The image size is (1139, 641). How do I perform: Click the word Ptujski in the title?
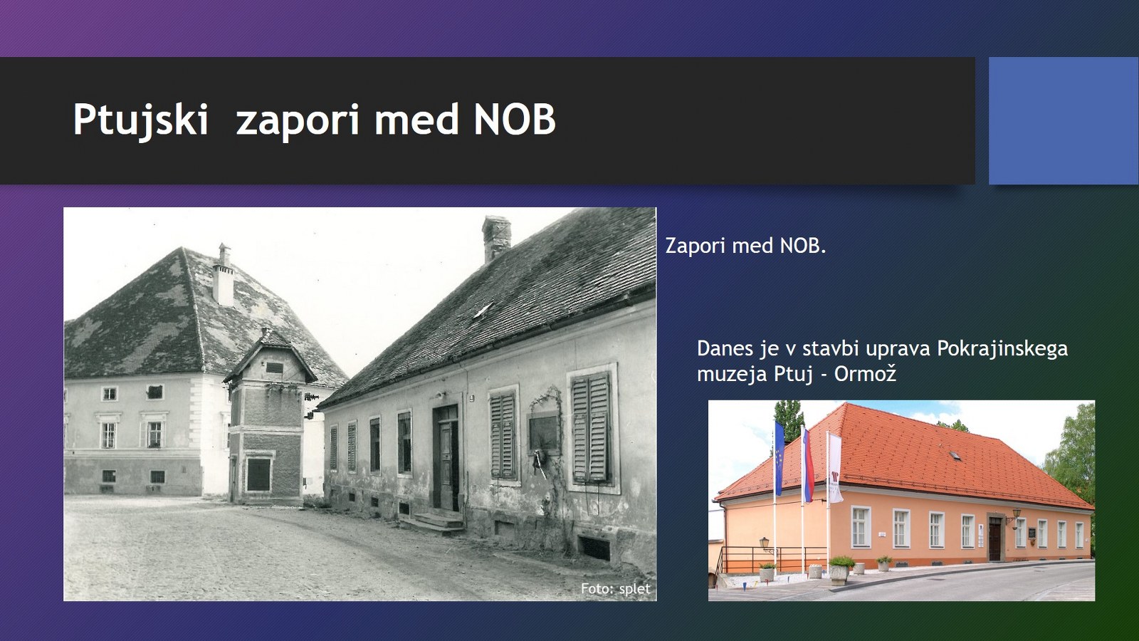(141, 120)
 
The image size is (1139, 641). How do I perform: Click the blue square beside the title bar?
(1064, 120)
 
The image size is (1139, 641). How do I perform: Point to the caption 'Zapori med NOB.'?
(745, 246)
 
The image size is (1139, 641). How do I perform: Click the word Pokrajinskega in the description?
(1002, 348)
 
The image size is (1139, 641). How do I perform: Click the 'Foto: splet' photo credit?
(615, 588)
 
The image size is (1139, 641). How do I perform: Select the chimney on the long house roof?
(496, 238)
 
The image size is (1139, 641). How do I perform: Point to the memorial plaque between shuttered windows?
(544, 432)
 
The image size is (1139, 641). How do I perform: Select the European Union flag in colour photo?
(780, 458)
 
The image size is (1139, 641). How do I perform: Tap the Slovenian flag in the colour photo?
(808, 464)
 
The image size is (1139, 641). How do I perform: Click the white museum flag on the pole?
(835, 468)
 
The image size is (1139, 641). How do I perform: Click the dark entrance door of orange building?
(994, 538)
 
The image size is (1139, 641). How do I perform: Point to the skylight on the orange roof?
(956, 456)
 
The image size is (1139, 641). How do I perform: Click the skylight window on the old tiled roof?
(483, 310)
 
